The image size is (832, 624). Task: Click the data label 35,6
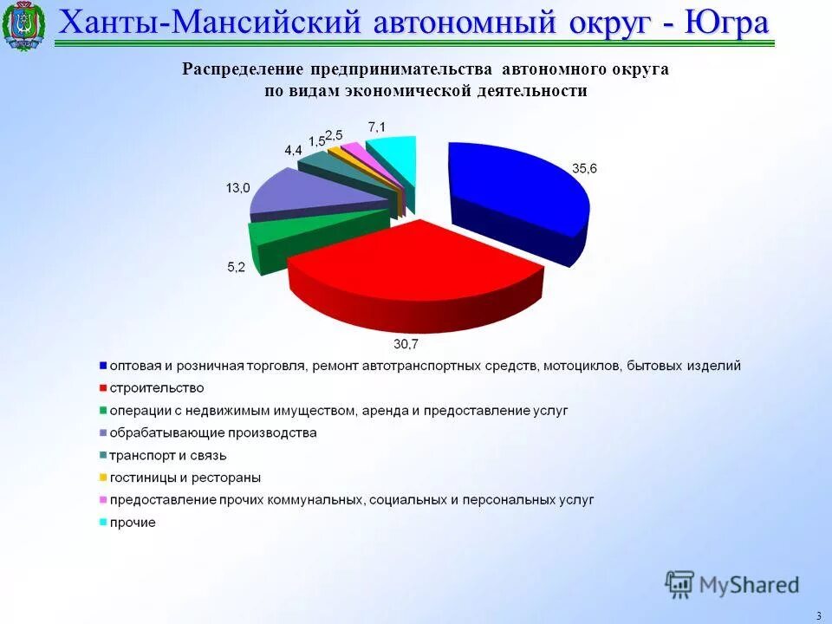pyautogui.click(x=584, y=169)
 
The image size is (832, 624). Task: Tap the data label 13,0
pyautogui.click(x=237, y=187)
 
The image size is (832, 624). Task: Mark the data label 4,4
pyautogui.click(x=293, y=149)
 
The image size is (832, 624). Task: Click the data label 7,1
pyautogui.click(x=377, y=127)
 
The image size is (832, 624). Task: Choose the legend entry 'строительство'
pyautogui.click(x=156, y=387)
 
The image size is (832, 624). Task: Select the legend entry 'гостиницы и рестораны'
pyautogui.click(x=185, y=478)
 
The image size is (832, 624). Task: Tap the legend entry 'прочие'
pyautogui.click(x=133, y=523)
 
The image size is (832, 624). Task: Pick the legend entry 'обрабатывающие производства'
pyautogui.click(x=212, y=432)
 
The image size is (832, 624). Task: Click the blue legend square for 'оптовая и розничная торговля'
pyautogui.click(x=102, y=366)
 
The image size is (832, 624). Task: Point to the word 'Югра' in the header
pyautogui.click(x=726, y=23)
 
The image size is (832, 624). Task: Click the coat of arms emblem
pyautogui.click(x=23, y=26)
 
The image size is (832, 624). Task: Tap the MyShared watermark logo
pyautogui.click(x=732, y=585)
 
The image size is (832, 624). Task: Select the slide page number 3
pyautogui.click(x=818, y=615)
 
